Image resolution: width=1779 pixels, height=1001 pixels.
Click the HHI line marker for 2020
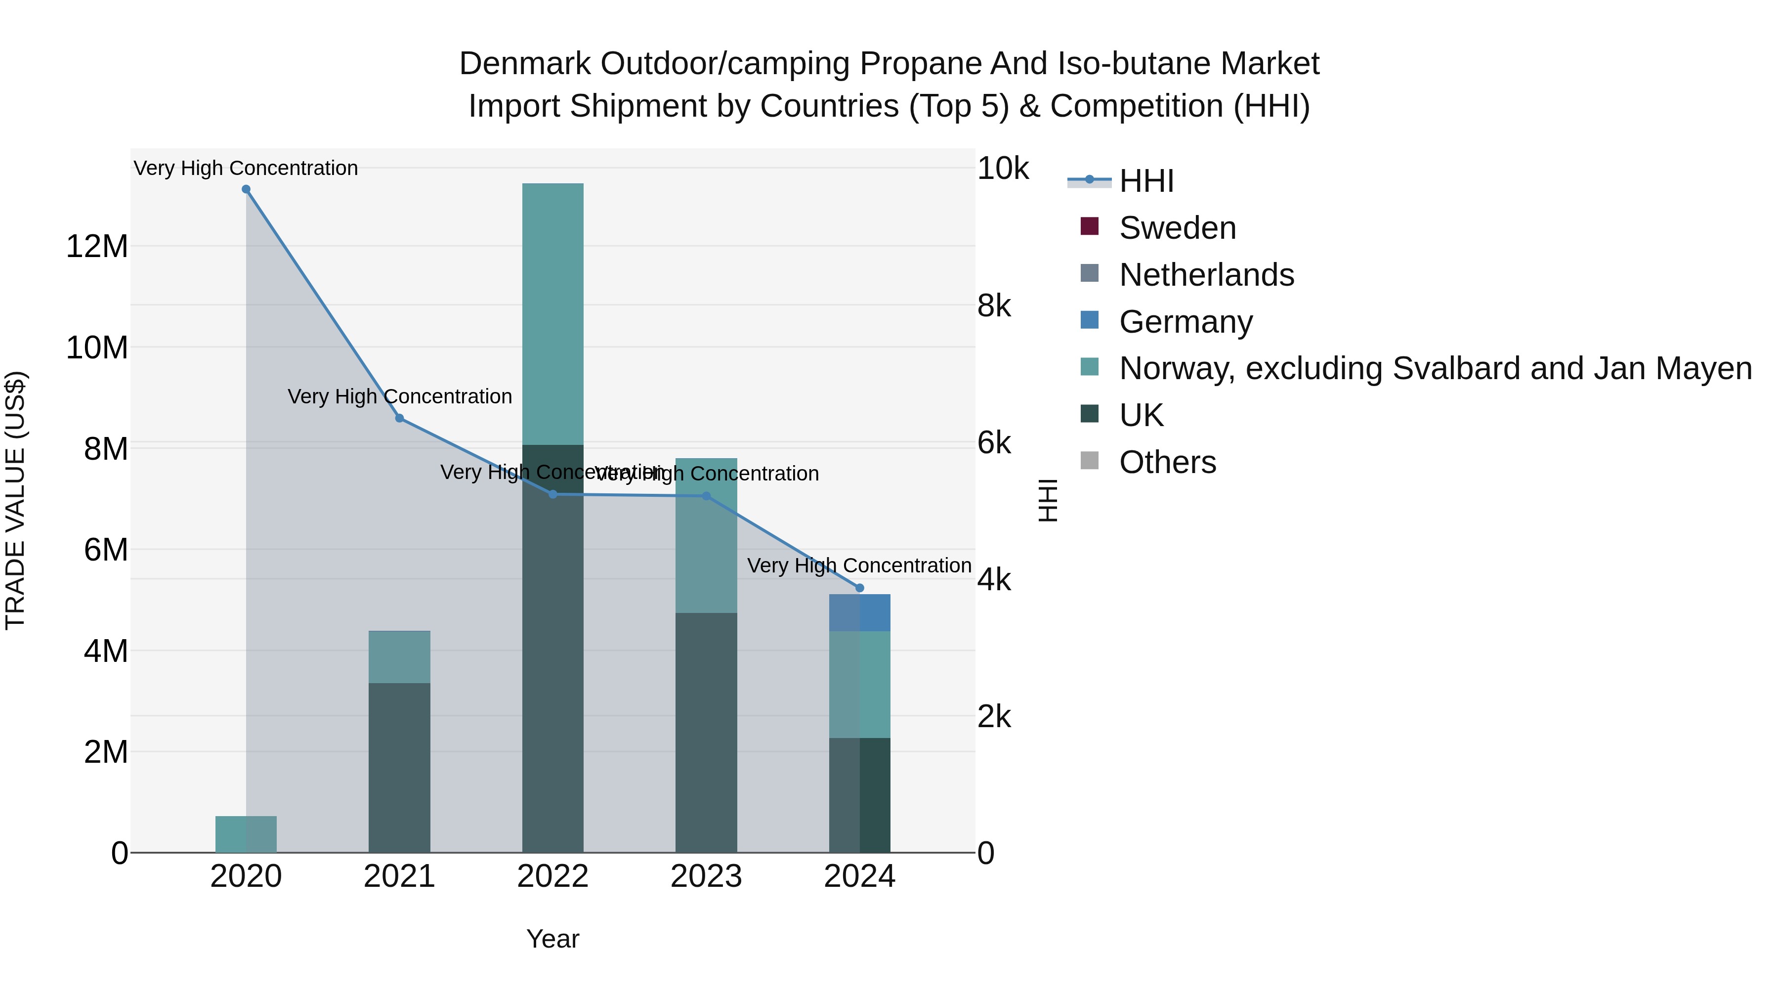pyautogui.click(x=246, y=189)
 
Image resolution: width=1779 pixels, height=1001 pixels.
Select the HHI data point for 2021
pyautogui.click(x=399, y=418)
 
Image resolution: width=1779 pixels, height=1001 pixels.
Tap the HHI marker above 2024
pyautogui.click(x=860, y=588)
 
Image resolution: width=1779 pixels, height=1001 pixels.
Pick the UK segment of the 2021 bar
pyautogui.click(x=399, y=767)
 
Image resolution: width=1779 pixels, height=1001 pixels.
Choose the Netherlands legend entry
pyautogui.click(x=1206, y=275)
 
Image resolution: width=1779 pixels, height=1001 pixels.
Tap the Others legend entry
pyautogui.click(x=1167, y=462)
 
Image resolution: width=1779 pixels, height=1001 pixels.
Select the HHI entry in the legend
pyautogui.click(x=1146, y=181)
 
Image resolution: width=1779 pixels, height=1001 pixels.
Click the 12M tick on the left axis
pyautogui.click(x=97, y=247)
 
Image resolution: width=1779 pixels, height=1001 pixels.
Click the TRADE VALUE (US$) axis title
pyautogui.click(x=15, y=500)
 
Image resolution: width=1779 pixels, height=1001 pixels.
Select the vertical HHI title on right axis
pyautogui.click(x=1048, y=500)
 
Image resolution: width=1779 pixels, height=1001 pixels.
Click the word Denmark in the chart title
pyautogui.click(x=525, y=64)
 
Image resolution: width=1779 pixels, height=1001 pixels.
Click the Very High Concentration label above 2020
pyautogui.click(x=246, y=169)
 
